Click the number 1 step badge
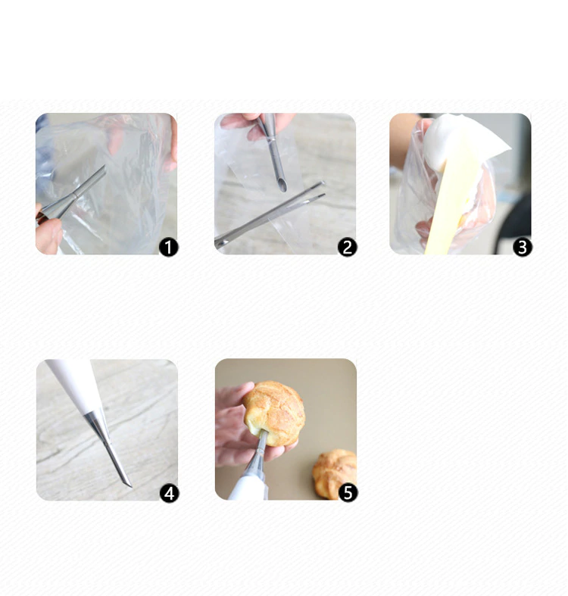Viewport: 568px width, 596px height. point(168,248)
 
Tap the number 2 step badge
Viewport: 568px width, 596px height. point(347,248)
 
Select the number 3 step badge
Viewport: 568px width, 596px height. point(523,248)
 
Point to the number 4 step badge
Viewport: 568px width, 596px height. point(169,493)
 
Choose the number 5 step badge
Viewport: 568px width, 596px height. point(348,493)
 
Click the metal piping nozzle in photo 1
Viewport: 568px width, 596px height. point(71,195)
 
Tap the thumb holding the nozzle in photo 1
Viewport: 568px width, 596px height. point(48,236)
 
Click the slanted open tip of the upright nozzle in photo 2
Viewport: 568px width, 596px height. point(282,186)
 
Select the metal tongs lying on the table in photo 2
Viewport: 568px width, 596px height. point(269,215)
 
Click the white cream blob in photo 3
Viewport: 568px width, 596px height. point(462,141)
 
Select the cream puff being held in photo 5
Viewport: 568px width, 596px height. point(274,413)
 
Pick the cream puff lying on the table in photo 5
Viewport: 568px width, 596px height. point(335,473)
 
